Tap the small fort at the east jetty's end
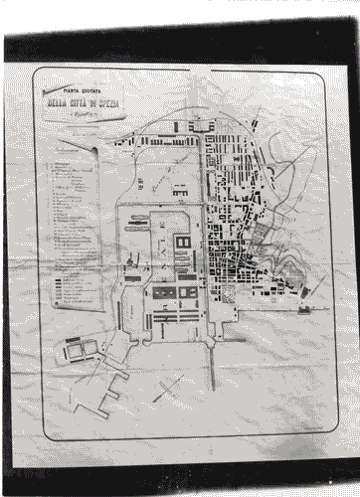point(303,309)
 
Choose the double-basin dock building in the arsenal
point(183,244)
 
